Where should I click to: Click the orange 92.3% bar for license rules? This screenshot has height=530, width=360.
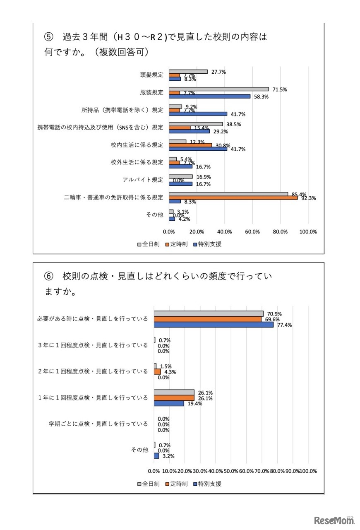233,198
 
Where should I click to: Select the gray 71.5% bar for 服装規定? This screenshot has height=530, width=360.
218,89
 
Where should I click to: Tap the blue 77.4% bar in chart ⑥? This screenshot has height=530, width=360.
214,325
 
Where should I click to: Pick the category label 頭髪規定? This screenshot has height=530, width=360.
151,75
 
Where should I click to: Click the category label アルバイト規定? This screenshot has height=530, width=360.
143,180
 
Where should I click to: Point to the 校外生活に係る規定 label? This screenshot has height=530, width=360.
137,162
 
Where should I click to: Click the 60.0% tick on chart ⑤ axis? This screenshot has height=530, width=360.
252,232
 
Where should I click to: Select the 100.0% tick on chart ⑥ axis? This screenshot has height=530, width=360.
308,471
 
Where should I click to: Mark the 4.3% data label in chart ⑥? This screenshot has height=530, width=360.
170,372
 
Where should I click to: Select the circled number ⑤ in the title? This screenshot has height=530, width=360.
49,37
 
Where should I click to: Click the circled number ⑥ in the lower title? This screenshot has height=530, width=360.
49,276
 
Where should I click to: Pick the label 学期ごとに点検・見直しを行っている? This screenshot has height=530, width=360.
98,424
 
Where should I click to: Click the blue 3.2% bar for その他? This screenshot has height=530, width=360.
156,455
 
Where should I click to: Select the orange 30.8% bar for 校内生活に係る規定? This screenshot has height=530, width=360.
190,145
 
